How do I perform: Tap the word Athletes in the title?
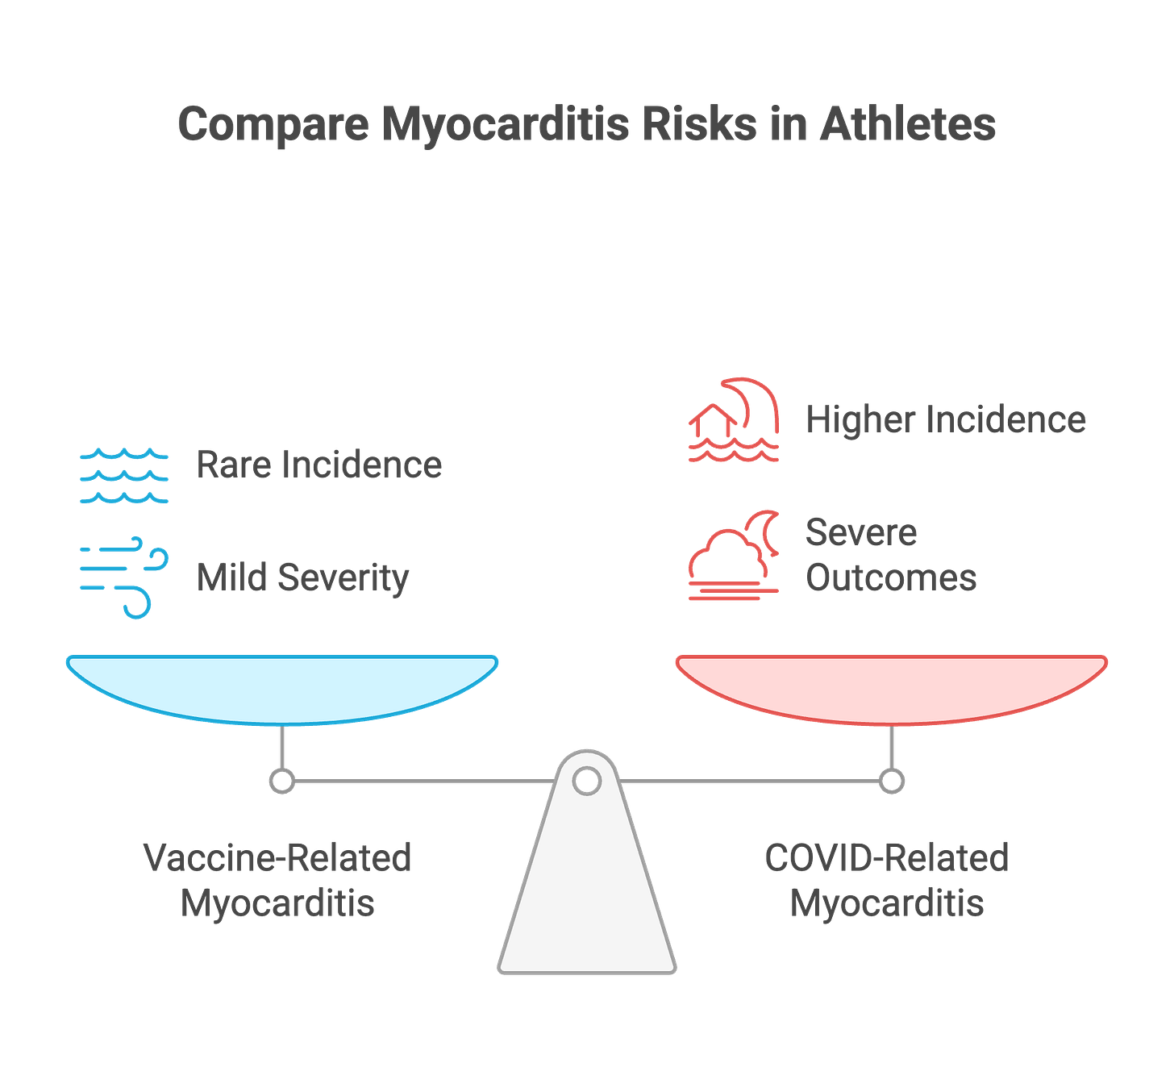pyautogui.click(x=908, y=125)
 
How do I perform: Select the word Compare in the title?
pyautogui.click(x=273, y=125)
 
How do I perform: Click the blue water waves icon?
pyautogui.click(x=123, y=476)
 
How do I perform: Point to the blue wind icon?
pyautogui.click(x=123, y=576)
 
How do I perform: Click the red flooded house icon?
pyautogui.click(x=734, y=420)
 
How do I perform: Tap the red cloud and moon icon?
pyautogui.click(x=734, y=556)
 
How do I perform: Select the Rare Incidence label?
pyautogui.click(x=319, y=465)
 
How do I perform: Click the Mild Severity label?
pyautogui.click(x=303, y=577)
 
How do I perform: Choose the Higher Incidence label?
pyautogui.click(x=946, y=420)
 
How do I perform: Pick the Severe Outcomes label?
pyautogui.click(x=891, y=555)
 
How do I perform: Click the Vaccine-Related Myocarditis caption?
pyautogui.click(x=278, y=880)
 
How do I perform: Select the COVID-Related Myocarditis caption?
pyautogui.click(x=886, y=880)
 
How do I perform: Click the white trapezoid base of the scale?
pyautogui.click(x=587, y=903)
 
